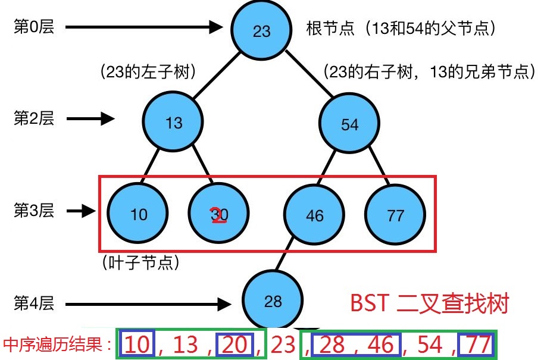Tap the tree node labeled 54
(x=349, y=124)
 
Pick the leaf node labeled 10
(x=138, y=214)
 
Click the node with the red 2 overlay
(x=218, y=214)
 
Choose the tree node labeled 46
(x=314, y=214)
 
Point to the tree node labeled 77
(x=395, y=214)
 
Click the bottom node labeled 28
(x=273, y=301)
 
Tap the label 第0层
(x=33, y=27)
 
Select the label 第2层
(x=33, y=118)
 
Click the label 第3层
(x=33, y=210)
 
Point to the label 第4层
(x=33, y=303)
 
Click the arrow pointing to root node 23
(x=143, y=27)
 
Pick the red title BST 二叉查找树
(x=429, y=303)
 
